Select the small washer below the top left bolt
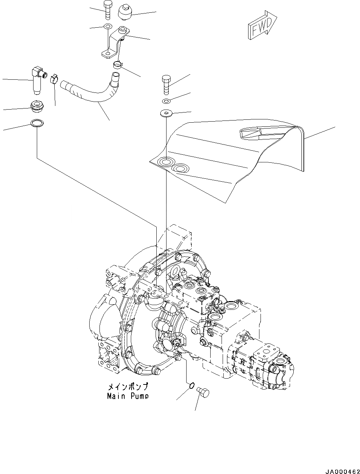pyautogui.click(x=107, y=27)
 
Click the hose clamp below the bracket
pyautogui.click(x=117, y=65)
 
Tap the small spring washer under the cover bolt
pyautogui.click(x=166, y=100)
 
